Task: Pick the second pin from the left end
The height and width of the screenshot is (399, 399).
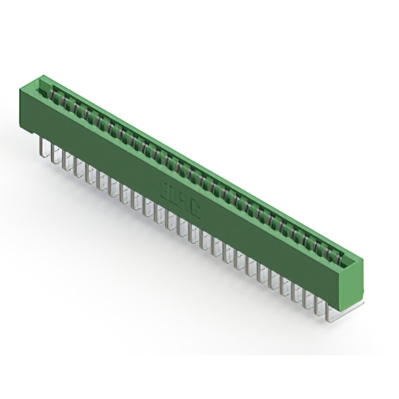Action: pyautogui.click(x=53, y=153)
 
